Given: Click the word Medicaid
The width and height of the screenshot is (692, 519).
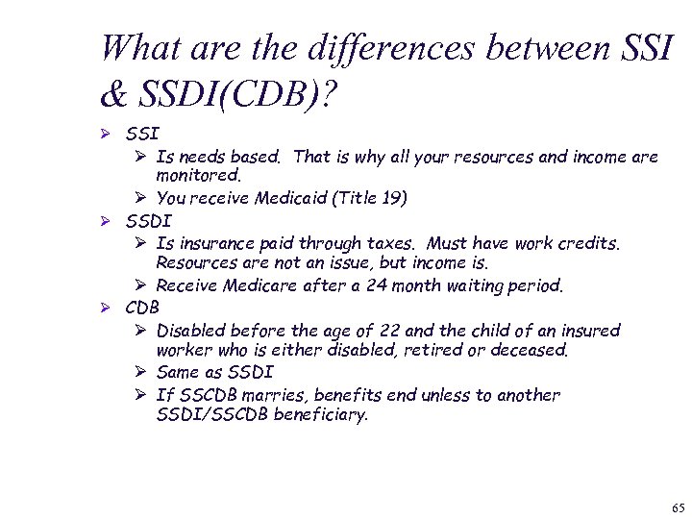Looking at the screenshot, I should [x=285, y=199].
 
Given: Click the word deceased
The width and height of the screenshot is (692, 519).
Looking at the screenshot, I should [x=529, y=351].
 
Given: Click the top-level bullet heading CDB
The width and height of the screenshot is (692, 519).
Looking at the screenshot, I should [x=142, y=308].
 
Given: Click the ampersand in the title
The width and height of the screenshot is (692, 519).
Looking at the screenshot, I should [x=112, y=94].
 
